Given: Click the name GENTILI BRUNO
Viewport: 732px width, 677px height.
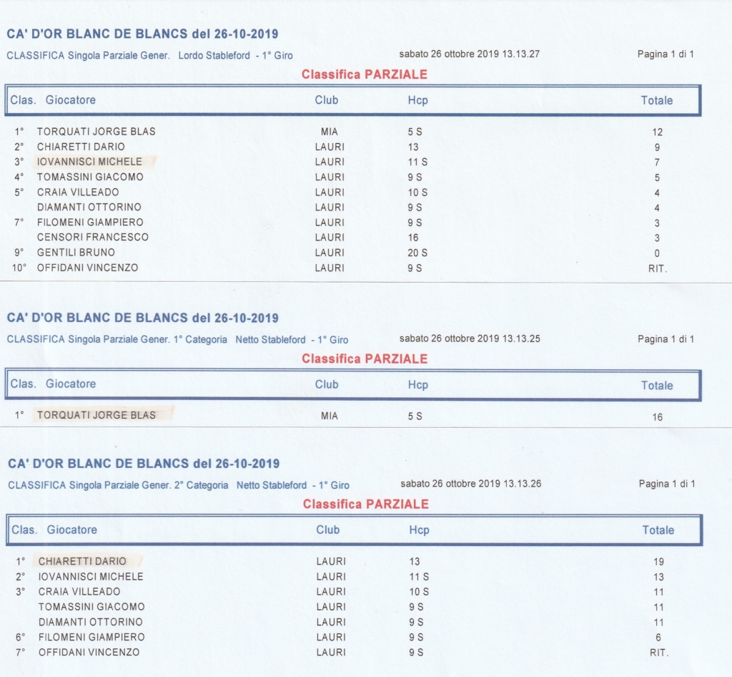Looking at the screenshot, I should (x=76, y=253).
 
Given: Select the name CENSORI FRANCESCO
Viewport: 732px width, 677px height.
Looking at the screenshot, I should (x=93, y=238).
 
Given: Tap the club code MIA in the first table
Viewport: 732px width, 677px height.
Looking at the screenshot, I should (x=330, y=132).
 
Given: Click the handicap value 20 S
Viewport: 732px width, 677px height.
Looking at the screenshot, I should (x=417, y=253).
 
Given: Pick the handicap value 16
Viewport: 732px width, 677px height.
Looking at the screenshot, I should (x=414, y=238).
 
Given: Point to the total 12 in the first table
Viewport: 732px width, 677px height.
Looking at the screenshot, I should (x=658, y=132).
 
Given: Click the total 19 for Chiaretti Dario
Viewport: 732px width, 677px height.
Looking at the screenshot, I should (x=658, y=562).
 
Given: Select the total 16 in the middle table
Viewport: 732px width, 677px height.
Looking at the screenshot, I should (x=658, y=417).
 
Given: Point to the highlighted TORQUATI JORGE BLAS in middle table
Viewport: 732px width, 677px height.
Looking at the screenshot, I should (x=97, y=415).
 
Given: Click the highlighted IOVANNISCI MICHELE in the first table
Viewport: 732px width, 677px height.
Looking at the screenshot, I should (x=89, y=162).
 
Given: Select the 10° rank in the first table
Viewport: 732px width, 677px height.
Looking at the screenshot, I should (x=20, y=268).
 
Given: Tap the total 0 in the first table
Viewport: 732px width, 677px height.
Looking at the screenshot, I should (x=658, y=253).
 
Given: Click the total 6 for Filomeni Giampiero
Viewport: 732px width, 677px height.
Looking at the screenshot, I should (x=658, y=638).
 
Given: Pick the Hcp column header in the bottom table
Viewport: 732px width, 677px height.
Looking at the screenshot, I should (x=420, y=530).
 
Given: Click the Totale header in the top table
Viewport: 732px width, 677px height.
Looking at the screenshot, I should (x=657, y=101).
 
